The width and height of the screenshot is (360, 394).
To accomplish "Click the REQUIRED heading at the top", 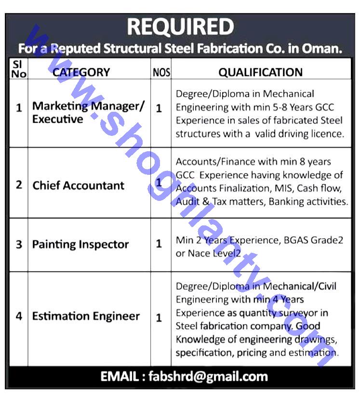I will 180,27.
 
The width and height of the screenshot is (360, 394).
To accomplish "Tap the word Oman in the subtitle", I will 324,49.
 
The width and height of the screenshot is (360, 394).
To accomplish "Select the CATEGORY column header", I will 81,72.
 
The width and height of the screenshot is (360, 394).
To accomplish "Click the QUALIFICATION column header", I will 260,72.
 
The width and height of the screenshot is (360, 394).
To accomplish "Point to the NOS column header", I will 161,73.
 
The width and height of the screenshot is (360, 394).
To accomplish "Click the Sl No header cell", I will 18,69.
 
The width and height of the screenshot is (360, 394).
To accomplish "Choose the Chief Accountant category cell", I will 78,185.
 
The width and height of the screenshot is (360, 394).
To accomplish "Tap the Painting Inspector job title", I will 80,244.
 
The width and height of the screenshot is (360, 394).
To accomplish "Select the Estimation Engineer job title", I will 86,316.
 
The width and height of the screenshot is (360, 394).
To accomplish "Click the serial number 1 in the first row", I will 19,108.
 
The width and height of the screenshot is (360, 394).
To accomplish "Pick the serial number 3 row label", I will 19,244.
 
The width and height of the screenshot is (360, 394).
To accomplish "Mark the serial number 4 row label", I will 19,316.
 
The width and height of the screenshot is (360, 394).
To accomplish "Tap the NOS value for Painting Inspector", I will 159,244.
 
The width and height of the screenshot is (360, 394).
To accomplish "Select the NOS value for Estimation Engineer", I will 159,318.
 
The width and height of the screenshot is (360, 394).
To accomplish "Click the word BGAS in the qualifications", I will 292,240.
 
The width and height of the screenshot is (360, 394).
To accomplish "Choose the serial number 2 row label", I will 19,185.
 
